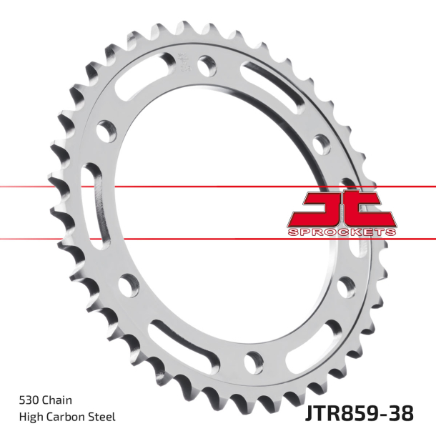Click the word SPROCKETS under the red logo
click(x=342, y=232)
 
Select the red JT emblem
click(x=342, y=211)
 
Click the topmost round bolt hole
click(x=208, y=64)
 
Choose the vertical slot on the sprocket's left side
click(x=92, y=197)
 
